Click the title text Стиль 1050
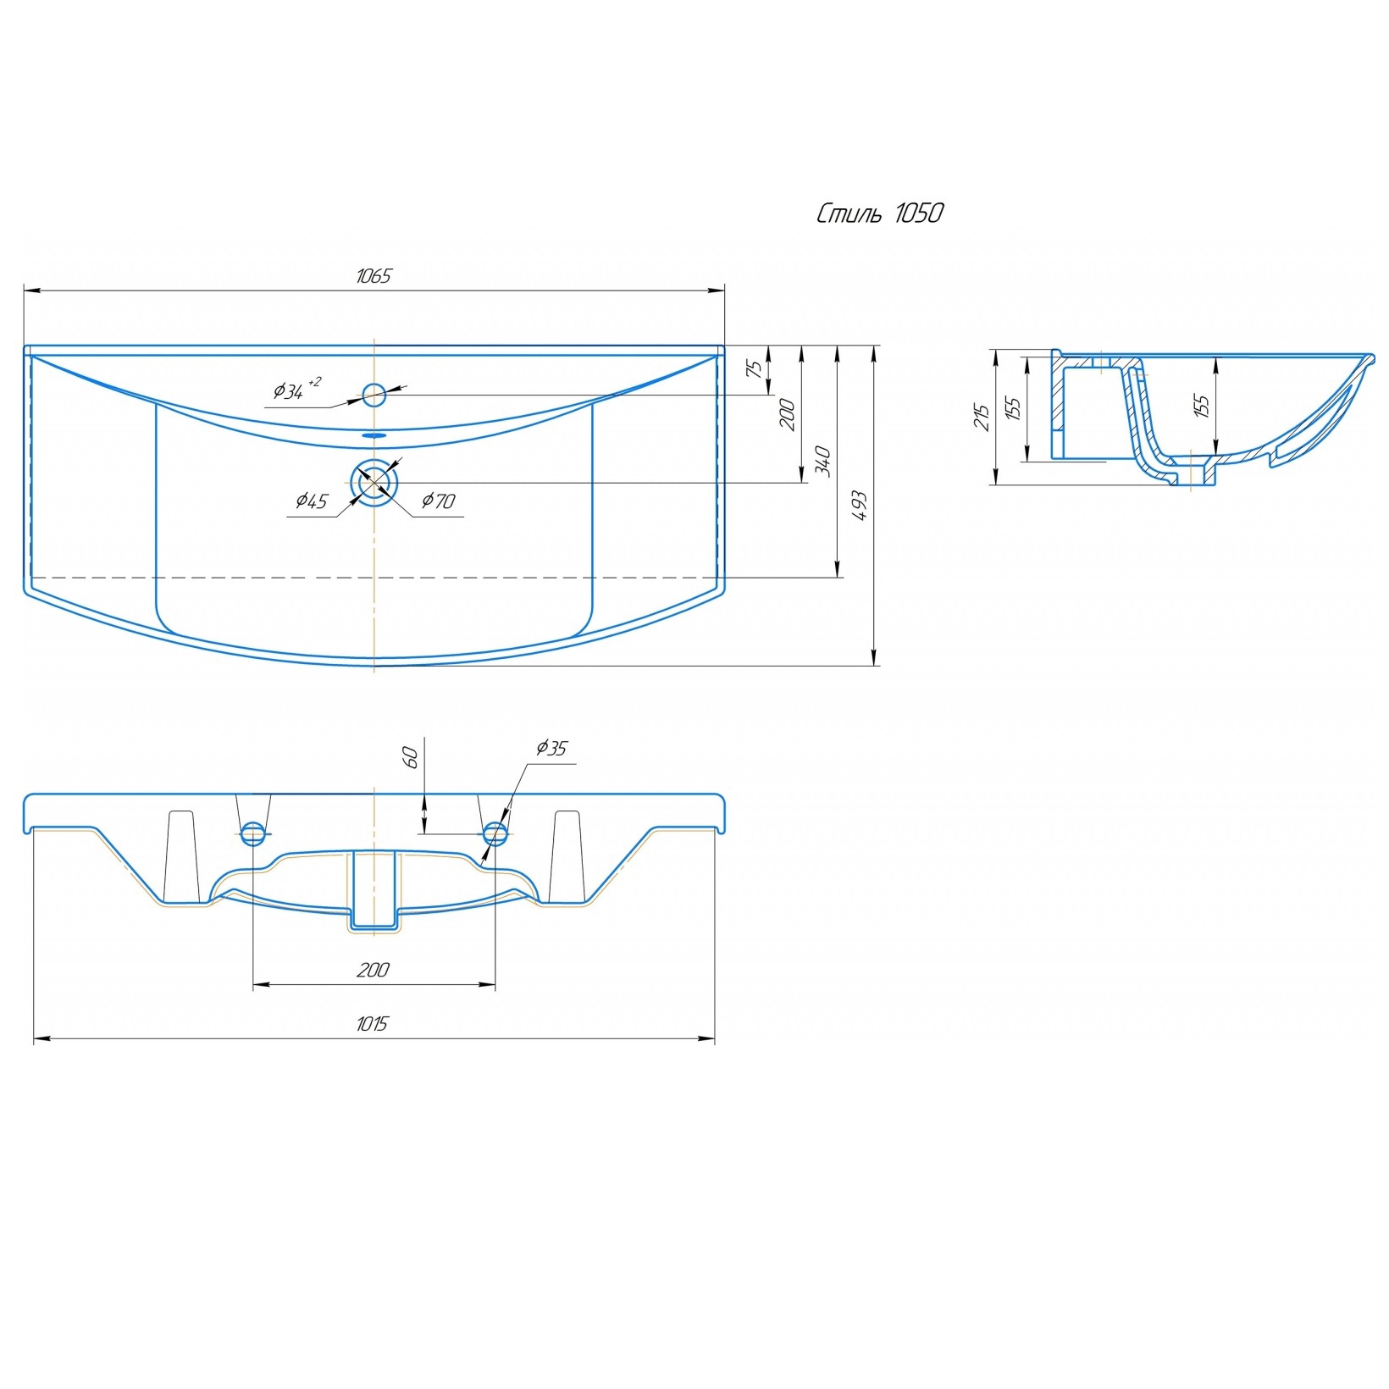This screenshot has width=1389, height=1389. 880,213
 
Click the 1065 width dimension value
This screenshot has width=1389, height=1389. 374,276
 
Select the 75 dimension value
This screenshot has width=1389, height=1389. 754,369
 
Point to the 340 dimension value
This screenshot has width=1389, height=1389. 822,462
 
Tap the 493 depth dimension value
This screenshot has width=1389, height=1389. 860,506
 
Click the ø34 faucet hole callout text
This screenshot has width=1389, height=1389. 296,390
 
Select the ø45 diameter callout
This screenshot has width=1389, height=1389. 311,501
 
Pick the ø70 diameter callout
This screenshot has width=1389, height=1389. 439,501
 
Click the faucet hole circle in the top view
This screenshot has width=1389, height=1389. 374,395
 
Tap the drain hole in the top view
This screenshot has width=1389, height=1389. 374,483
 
